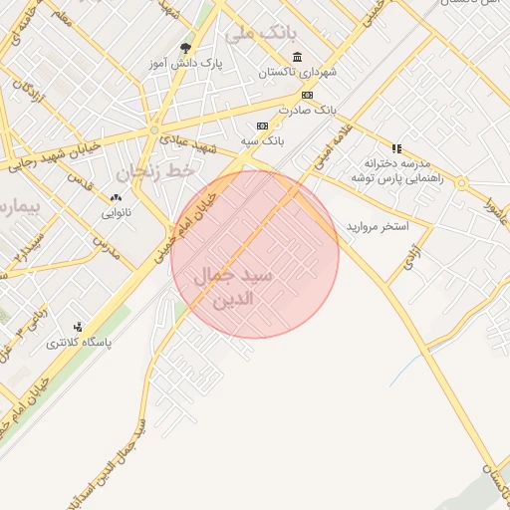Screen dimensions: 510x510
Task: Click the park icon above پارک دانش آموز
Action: click(x=184, y=48)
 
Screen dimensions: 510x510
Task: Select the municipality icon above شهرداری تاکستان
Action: click(x=297, y=57)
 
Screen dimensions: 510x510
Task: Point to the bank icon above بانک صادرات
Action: click(x=307, y=95)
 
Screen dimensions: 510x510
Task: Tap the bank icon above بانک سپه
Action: click(x=262, y=127)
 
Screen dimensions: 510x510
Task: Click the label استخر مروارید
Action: click(x=378, y=227)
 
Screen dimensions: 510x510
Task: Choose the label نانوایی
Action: click(x=113, y=212)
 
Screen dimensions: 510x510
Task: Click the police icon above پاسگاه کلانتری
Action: click(x=79, y=326)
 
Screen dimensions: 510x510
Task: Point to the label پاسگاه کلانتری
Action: click(x=79, y=342)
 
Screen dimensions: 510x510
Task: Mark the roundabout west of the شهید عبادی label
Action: click(x=153, y=129)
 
